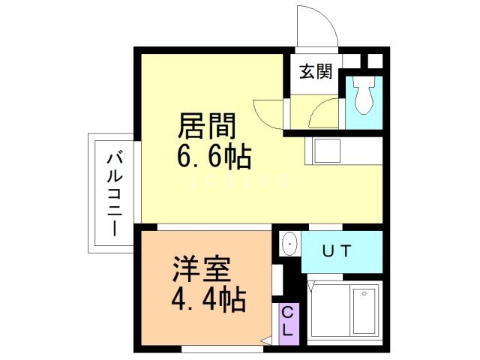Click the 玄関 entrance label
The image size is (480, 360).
pyautogui.click(x=316, y=72)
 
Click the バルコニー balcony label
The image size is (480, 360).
pyautogui.click(x=115, y=193)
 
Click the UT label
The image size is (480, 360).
pyautogui.click(x=337, y=251)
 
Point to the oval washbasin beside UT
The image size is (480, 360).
pyautogui.click(x=289, y=244)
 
